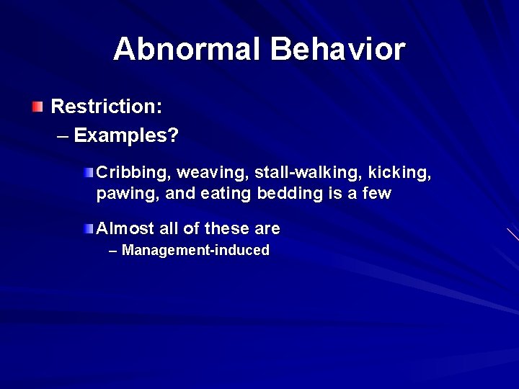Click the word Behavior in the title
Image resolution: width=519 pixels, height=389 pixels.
(338, 49)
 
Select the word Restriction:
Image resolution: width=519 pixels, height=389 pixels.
(107, 107)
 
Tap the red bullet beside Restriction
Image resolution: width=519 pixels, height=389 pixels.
(37, 107)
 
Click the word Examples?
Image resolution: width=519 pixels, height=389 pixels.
(126, 135)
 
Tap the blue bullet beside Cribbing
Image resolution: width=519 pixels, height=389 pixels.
(88, 173)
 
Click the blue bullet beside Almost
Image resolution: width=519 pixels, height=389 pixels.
(88, 229)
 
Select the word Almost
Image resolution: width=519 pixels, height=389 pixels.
(125, 229)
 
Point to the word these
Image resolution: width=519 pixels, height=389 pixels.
(226, 229)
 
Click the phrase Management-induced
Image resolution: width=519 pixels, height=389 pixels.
(195, 251)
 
